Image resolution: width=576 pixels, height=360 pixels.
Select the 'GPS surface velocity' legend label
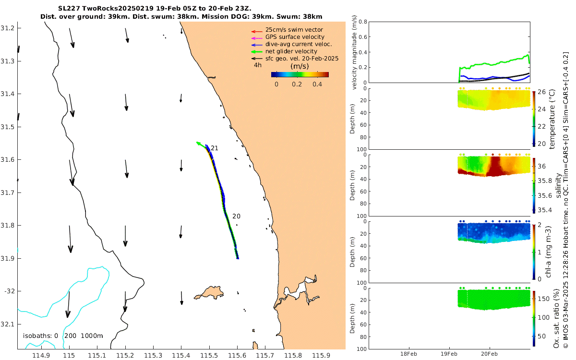(295, 37)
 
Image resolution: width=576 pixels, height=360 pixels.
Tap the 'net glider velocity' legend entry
(291, 51)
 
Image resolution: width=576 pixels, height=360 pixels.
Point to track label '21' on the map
(215, 148)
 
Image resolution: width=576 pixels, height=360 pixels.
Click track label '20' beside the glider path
(236, 216)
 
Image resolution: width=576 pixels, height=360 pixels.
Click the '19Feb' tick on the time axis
(449, 354)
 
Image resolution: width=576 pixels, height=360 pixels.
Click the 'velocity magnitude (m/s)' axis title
(355, 52)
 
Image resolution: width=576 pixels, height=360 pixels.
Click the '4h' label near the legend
(258, 65)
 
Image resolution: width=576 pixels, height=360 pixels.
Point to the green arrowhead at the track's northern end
(198, 143)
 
